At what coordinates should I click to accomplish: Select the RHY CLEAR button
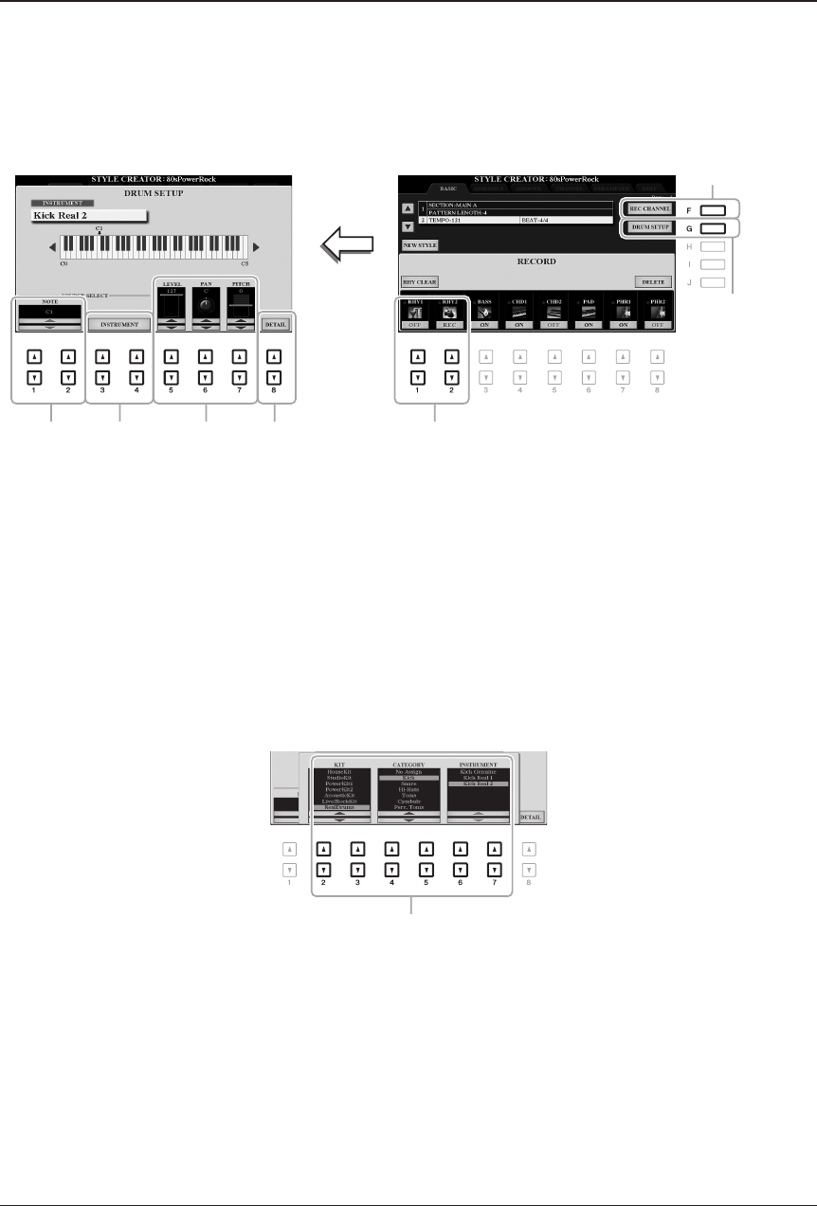pos(420,281)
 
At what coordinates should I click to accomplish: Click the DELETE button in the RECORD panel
pos(653,281)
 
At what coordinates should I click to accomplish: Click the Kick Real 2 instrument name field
pos(86,215)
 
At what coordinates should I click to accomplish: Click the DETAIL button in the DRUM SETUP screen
pos(275,324)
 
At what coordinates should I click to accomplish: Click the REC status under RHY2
pos(450,324)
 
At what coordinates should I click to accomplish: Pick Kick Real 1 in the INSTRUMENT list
pos(479,778)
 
